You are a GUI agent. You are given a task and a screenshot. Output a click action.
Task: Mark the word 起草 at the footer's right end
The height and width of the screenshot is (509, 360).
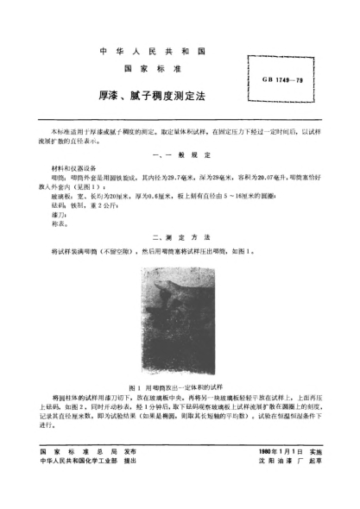tap(316, 487)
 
